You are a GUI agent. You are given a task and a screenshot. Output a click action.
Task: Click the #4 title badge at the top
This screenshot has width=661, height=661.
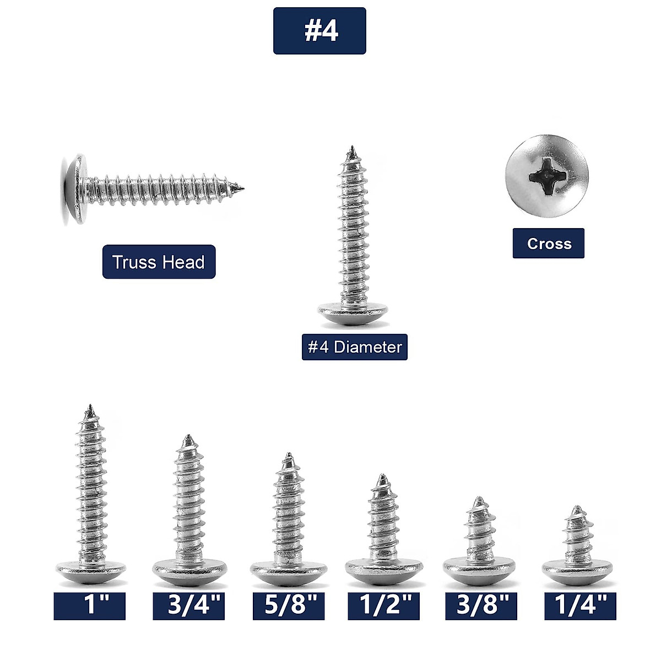pyautogui.click(x=319, y=31)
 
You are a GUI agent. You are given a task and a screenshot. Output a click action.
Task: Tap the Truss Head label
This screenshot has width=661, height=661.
pyautogui.click(x=159, y=262)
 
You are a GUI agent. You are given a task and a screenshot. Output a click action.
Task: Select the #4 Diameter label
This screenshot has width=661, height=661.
pyautogui.click(x=354, y=347)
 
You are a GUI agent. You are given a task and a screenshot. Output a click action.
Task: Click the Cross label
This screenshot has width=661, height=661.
pyautogui.click(x=548, y=243)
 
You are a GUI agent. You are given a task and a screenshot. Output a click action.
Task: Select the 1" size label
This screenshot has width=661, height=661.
pyautogui.click(x=89, y=606)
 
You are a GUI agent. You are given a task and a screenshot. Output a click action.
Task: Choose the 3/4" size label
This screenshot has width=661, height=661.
pyautogui.click(x=188, y=606)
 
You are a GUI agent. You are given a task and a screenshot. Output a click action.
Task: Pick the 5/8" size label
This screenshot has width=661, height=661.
pyautogui.click(x=288, y=606)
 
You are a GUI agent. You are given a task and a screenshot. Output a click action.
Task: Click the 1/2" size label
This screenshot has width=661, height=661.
pyautogui.click(x=383, y=606)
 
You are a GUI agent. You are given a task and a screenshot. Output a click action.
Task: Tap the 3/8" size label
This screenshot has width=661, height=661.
pyautogui.click(x=481, y=606)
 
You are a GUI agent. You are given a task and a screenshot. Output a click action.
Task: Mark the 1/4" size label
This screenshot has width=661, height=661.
pyautogui.click(x=580, y=606)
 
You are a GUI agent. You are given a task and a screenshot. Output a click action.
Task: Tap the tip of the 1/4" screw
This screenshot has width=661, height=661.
pyautogui.click(x=577, y=508)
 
